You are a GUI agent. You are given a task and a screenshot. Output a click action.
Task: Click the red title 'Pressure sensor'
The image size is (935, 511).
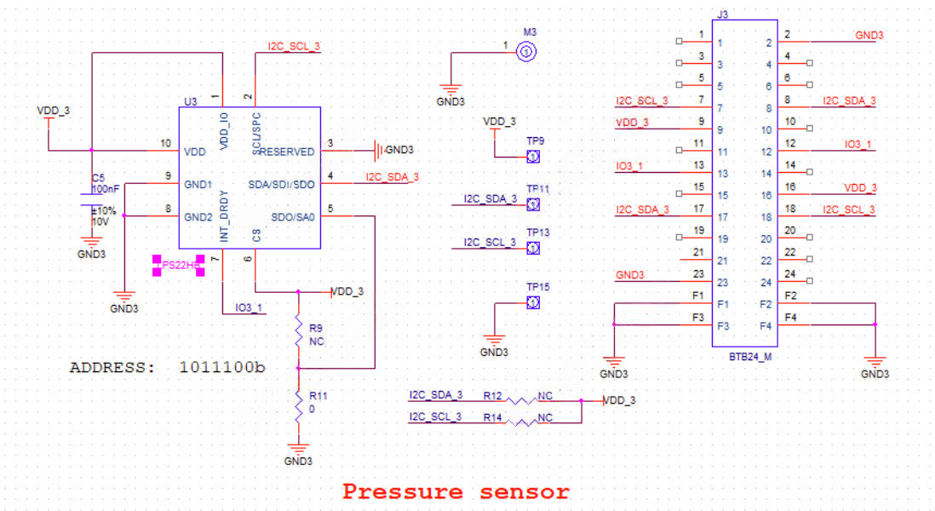click(456, 491)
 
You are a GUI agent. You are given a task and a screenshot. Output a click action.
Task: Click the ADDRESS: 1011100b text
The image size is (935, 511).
click(168, 369)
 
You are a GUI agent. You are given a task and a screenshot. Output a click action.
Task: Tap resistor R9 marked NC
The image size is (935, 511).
click(298, 331)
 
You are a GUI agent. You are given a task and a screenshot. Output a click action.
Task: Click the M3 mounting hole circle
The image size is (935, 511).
click(526, 53)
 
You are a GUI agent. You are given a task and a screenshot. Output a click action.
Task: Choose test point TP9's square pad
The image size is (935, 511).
click(532, 157)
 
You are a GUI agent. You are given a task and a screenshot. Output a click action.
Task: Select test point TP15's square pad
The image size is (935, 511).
click(532, 303)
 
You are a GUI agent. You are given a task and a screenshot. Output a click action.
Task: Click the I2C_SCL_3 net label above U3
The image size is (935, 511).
click(294, 46)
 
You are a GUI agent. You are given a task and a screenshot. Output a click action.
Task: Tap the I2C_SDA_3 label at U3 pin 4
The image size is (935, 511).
click(392, 177)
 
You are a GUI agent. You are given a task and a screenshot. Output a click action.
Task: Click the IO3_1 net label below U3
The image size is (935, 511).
click(249, 307)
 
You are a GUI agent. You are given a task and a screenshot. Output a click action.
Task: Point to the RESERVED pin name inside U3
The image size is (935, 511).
click(287, 152)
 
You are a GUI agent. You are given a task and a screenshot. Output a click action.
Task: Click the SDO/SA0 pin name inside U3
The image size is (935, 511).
click(293, 216)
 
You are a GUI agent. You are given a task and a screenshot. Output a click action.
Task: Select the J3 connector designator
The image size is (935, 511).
click(723, 14)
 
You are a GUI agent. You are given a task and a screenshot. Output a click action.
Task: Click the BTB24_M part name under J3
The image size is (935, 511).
click(749, 358)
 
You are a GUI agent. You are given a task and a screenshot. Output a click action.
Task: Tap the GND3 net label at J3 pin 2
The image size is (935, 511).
click(869, 35)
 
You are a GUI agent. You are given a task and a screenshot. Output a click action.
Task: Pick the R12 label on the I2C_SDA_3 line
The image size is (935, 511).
click(492, 395)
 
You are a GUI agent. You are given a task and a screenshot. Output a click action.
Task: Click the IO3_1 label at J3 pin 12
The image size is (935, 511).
click(858, 145)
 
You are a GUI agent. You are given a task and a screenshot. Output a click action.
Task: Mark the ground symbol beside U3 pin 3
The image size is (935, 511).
click(377, 151)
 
